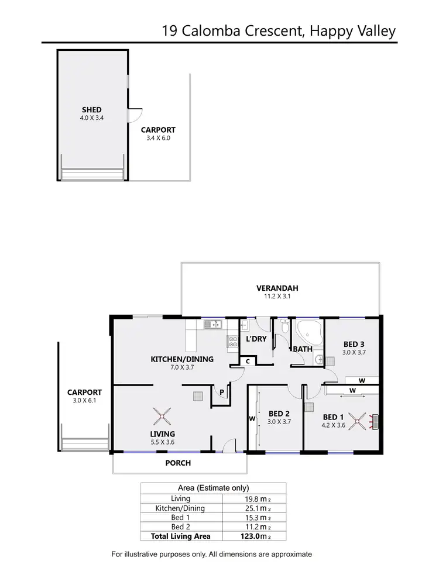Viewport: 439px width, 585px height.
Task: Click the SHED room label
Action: click(92, 109)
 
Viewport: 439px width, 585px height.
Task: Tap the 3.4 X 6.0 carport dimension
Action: click(158, 139)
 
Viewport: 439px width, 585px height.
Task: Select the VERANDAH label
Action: click(277, 288)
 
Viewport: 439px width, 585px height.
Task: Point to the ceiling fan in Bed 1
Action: click(361, 421)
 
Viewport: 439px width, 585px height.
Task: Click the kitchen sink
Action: click(211, 324)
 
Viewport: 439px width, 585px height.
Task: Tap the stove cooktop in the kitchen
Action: click(232, 342)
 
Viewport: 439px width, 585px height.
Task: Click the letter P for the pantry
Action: click(222, 393)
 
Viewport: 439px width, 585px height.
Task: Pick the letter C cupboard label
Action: click(248, 362)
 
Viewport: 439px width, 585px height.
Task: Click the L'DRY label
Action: click(256, 339)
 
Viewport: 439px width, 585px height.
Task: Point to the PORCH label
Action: click(178, 463)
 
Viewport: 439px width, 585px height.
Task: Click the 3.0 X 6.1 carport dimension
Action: click(84, 401)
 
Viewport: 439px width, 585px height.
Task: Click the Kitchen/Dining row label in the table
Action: click(180, 508)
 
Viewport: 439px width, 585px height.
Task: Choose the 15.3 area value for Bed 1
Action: click(249, 518)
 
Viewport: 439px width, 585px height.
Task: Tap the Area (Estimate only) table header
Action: click(213, 488)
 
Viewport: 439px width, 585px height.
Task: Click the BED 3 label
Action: click(354, 344)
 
